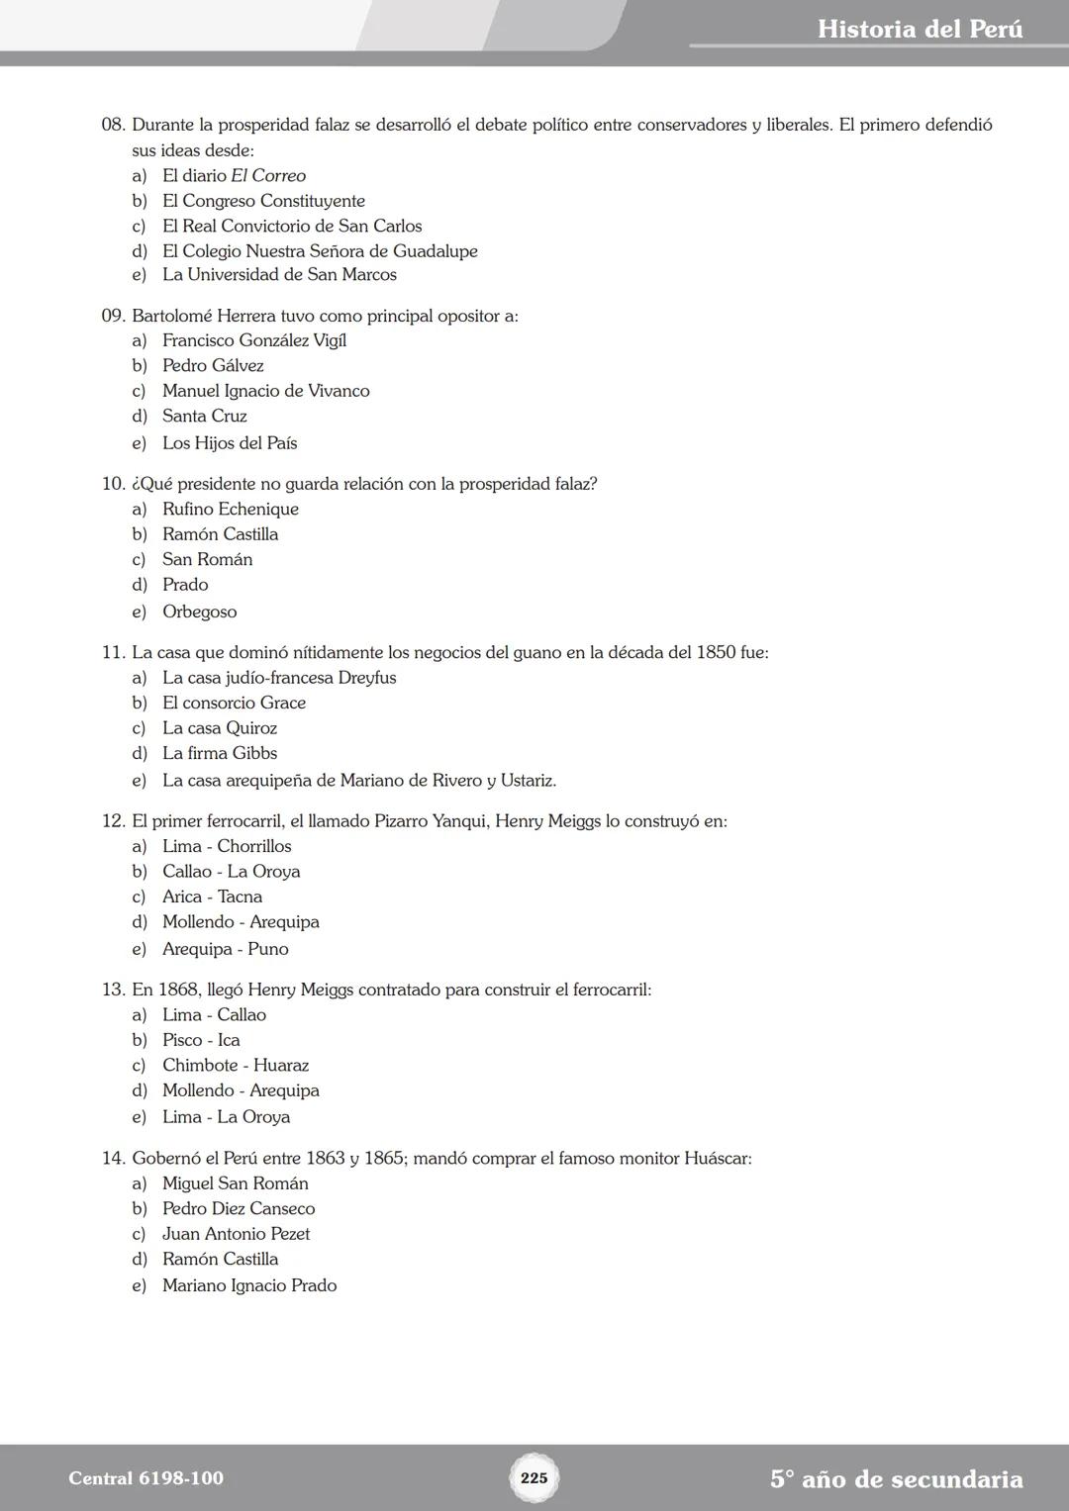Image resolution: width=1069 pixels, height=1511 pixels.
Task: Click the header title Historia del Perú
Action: point(920,29)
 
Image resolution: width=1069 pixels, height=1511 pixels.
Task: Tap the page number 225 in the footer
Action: point(534,1478)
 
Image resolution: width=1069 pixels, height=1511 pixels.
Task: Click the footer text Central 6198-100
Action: point(146,1478)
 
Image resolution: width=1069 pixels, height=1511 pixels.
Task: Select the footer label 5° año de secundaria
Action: point(896,1479)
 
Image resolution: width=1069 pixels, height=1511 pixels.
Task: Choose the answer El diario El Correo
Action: point(234,175)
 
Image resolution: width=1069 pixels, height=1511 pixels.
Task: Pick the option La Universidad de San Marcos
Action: point(279,274)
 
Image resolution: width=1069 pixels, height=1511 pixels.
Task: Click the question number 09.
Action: point(113,316)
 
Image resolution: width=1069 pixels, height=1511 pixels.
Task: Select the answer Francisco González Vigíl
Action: point(253,340)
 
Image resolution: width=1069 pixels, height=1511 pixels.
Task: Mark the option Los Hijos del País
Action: point(230,443)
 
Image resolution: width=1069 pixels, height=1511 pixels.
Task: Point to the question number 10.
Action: point(113,484)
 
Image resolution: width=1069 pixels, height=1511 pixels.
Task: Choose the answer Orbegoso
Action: point(200,612)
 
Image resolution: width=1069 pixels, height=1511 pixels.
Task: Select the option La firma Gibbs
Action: point(220,753)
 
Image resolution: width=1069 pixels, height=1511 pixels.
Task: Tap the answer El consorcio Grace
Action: point(234,703)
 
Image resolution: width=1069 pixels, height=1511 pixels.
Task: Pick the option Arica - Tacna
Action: point(212,897)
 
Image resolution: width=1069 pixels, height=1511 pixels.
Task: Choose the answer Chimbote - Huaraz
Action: point(236,1065)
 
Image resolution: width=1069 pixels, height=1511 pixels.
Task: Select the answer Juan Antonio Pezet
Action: point(236,1234)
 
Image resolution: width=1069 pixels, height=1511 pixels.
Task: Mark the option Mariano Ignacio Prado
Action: point(249,1285)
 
